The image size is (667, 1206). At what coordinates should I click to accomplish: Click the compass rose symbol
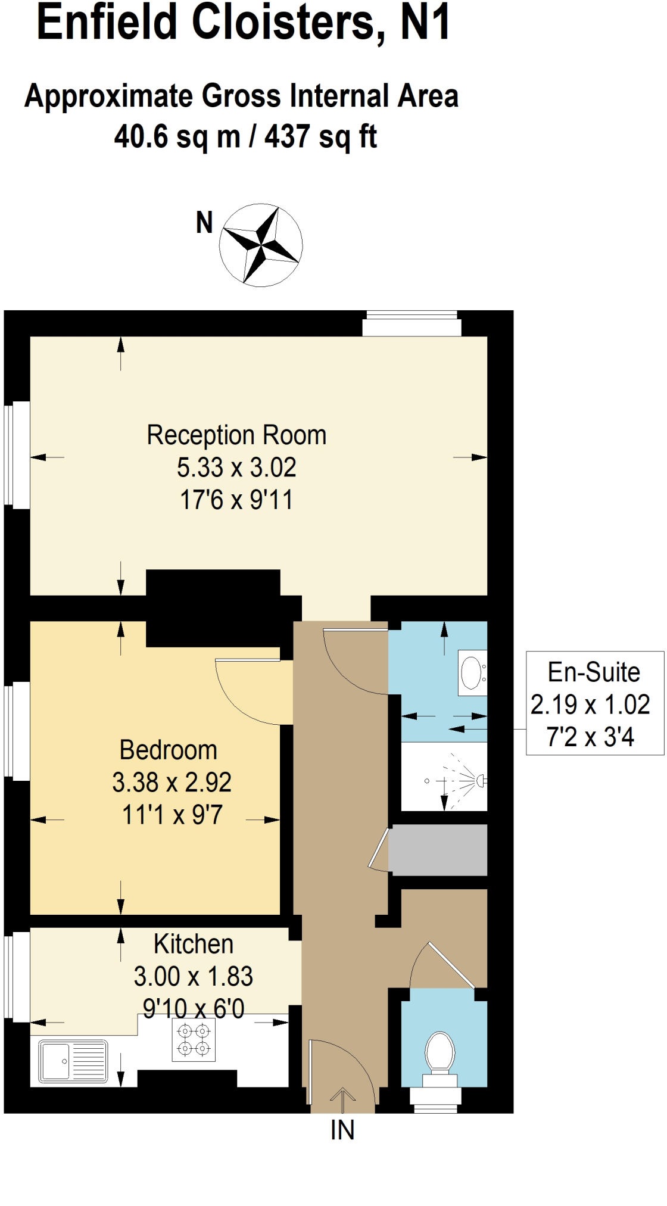(x=261, y=245)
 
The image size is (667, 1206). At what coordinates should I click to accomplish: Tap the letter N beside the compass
(x=204, y=223)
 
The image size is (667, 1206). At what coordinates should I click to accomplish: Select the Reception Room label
(x=236, y=435)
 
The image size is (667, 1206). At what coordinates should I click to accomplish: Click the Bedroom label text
(x=169, y=750)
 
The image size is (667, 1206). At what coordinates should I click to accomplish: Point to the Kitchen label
(x=194, y=944)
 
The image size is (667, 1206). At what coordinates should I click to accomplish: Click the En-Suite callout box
(x=595, y=703)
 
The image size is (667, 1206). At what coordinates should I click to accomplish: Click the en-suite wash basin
(x=473, y=672)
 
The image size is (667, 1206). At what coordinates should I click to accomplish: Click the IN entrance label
(x=342, y=1130)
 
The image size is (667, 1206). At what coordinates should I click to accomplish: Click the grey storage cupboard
(x=438, y=850)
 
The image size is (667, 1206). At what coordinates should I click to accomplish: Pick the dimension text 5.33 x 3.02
(x=236, y=468)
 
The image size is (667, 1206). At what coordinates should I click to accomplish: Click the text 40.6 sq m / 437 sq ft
(x=245, y=136)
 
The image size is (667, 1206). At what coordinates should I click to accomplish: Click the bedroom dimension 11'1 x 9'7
(x=172, y=814)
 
